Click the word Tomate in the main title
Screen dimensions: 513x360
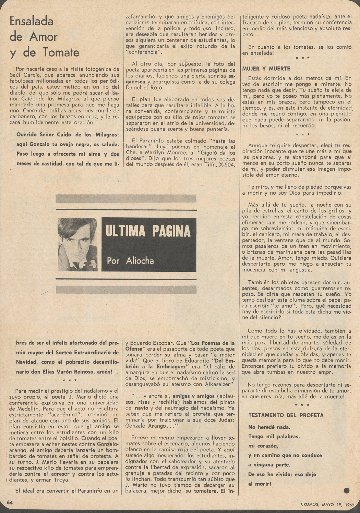tap(61, 52)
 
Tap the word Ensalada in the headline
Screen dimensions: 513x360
tap(32, 21)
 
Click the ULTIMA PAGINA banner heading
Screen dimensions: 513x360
tap(148, 231)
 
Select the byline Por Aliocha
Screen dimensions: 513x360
tap(130, 260)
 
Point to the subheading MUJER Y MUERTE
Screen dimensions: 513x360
tap(266, 69)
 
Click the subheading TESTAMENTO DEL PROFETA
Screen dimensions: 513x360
tap(286, 415)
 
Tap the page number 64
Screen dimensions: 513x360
tap(10, 502)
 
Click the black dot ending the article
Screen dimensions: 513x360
tap(346, 490)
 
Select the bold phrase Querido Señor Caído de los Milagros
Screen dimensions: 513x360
tap(68, 135)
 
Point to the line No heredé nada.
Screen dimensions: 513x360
tap(269, 427)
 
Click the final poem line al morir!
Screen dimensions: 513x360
tap(260, 484)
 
